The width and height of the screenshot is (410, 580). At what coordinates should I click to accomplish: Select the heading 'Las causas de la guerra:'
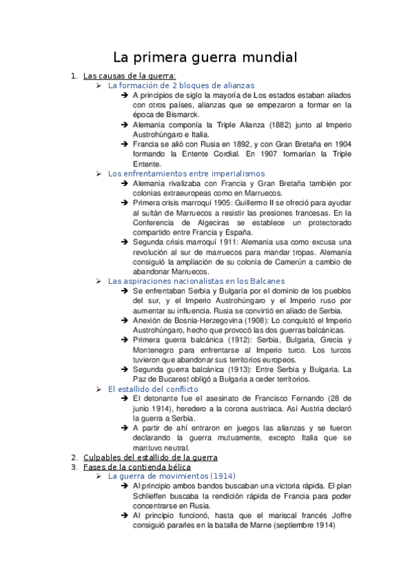point(129,75)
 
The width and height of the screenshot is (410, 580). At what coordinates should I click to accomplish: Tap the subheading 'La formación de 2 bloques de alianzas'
point(181,85)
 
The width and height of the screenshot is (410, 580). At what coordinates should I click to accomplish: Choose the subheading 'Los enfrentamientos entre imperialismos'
point(186,174)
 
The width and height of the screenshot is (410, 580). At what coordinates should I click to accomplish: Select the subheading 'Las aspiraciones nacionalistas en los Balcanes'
point(197,281)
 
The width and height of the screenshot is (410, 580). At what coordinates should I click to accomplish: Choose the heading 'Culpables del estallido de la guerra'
point(150,457)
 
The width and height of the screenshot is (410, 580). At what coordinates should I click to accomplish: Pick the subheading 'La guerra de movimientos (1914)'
point(171,476)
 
